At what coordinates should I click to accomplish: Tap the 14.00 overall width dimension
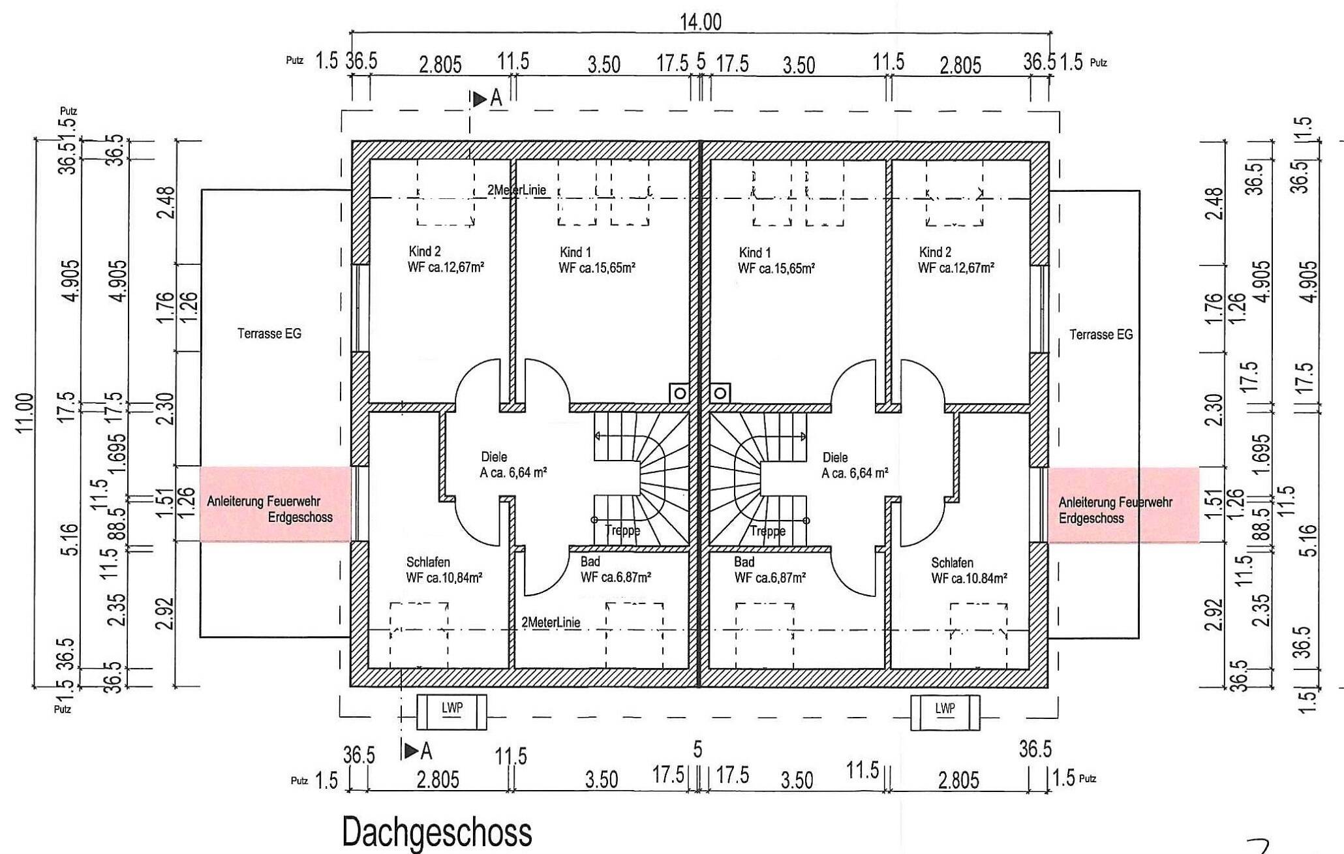coord(701,23)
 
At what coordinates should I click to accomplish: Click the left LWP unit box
coord(451,712)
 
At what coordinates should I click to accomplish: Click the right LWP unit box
coord(945,712)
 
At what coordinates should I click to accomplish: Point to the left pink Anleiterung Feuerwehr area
coord(275,503)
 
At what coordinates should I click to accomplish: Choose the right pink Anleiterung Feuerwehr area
coord(1123,504)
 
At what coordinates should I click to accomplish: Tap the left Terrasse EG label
coord(269,334)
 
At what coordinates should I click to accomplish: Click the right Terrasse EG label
coord(1101,335)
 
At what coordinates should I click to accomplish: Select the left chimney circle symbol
coord(680,393)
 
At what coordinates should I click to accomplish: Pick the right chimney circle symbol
coord(720,393)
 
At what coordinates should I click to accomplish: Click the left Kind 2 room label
coord(425,251)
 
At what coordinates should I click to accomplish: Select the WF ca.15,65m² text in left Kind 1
coord(597,267)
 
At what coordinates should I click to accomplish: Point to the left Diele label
coord(493,457)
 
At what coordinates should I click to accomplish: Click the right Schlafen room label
coord(952,562)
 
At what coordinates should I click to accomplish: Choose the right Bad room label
coord(744,562)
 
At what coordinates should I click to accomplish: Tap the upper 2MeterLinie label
coord(516,190)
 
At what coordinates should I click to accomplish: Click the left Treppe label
coord(622,530)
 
